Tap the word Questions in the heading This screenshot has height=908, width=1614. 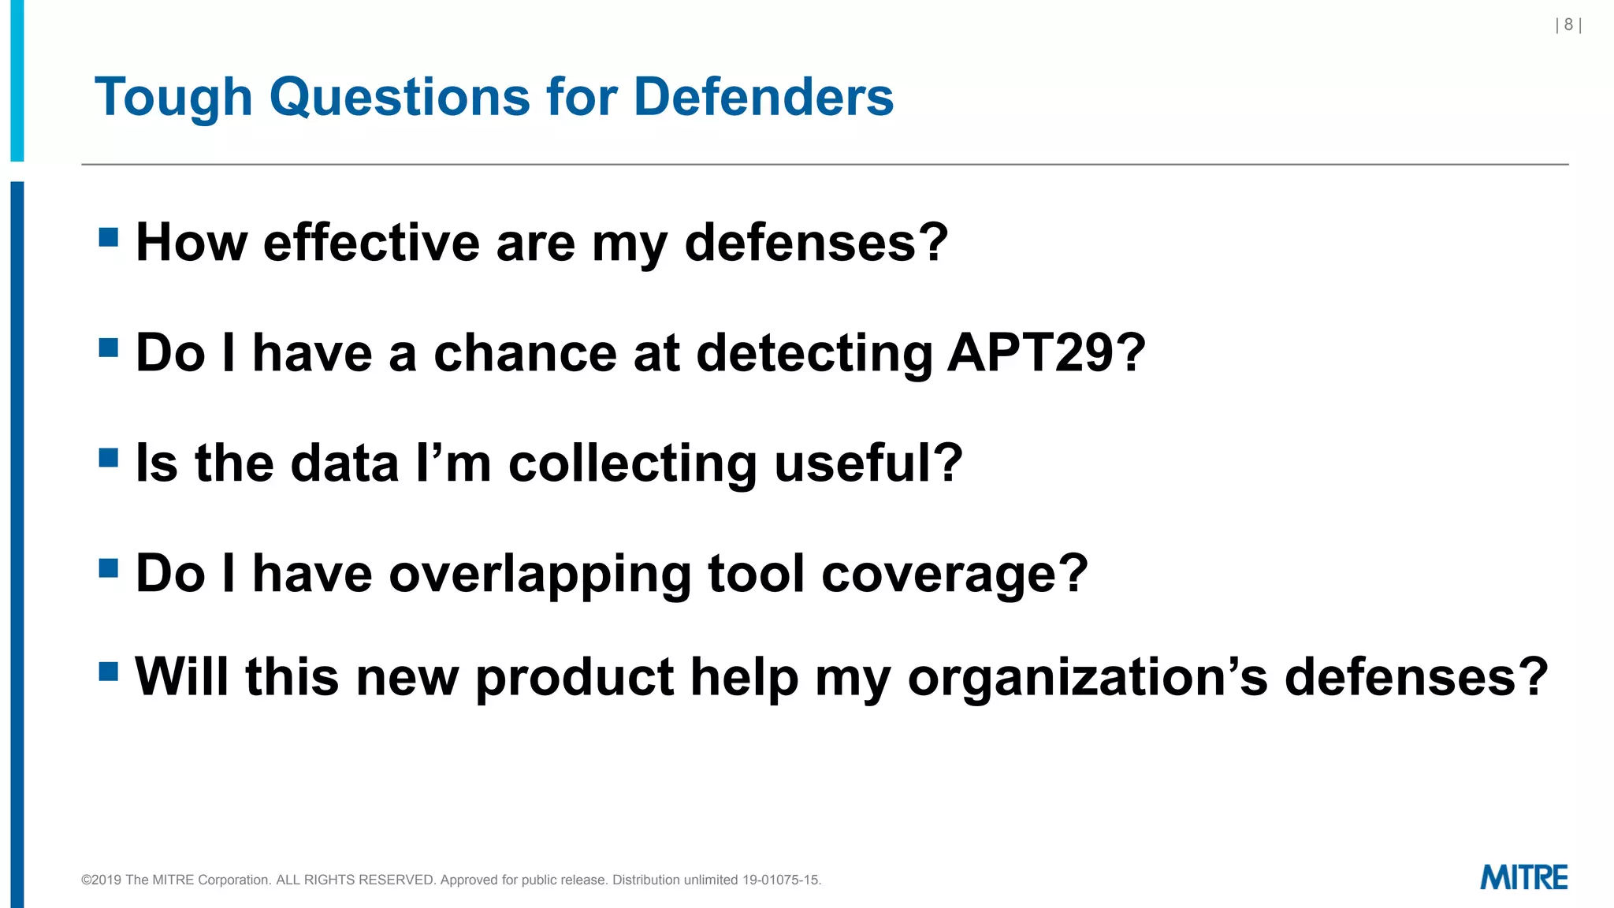coord(400,98)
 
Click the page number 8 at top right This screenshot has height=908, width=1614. coord(1568,25)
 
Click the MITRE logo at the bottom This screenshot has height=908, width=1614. coord(1523,877)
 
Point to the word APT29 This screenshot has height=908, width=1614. coord(1046,352)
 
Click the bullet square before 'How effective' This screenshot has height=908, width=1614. coord(109,237)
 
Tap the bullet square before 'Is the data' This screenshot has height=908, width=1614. coord(109,458)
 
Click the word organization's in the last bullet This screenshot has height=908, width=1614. coord(1088,677)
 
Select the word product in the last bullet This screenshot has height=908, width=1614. coord(575,677)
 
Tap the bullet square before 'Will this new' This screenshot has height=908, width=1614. coord(109,672)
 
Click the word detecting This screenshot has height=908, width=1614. coord(814,352)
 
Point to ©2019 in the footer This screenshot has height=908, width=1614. coord(101,880)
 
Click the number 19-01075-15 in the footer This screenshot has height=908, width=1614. coord(781,880)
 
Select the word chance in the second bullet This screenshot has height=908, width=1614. coord(525,352)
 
